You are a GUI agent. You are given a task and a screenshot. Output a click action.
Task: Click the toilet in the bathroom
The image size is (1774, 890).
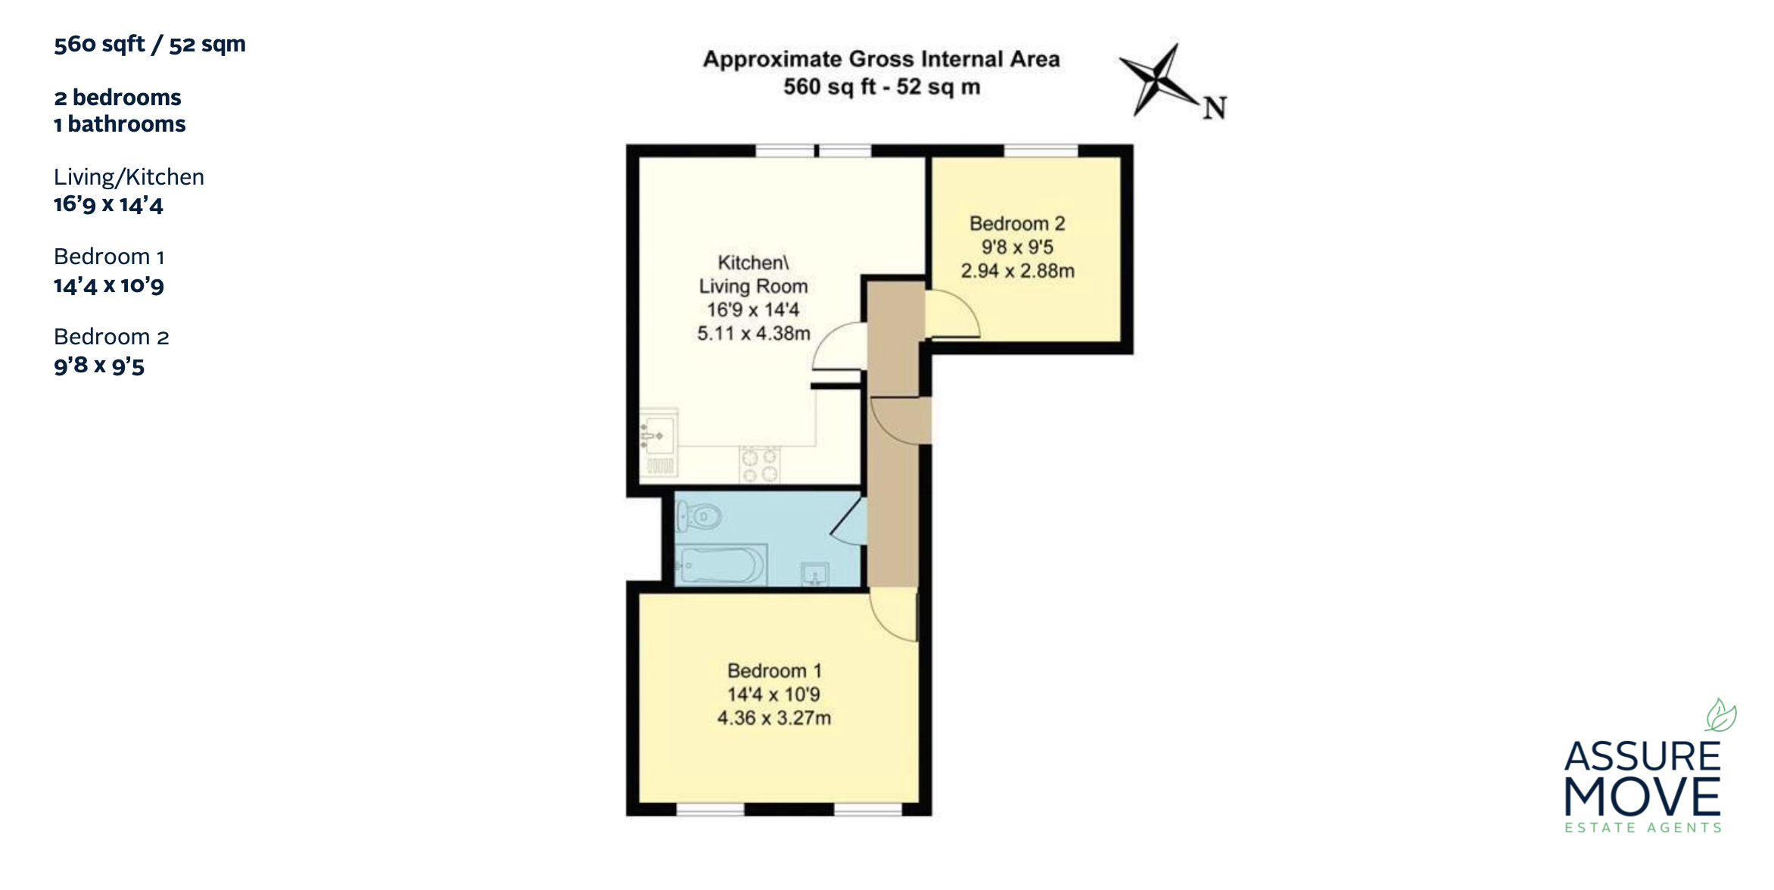[x=698, y=518]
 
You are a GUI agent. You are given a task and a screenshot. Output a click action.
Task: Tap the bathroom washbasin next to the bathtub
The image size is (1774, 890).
[x=814, y=574]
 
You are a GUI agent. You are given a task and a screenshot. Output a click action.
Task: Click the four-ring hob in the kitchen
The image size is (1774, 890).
[x=760, y=465]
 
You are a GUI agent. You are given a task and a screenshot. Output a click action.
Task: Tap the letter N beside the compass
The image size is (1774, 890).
[x=1215, y=109]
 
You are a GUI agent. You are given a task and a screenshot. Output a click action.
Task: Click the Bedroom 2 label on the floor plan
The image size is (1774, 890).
[x=1017, y=223]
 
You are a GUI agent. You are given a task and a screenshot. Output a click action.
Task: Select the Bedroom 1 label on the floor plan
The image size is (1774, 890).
[x=774, y=671]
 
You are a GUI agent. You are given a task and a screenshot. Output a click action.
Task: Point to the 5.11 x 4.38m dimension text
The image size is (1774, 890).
[x=754, y=333]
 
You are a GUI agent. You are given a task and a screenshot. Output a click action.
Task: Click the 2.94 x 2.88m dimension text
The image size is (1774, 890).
[x=1018, y=271]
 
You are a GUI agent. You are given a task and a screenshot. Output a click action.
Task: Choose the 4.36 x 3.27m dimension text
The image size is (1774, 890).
[x=774, y=717]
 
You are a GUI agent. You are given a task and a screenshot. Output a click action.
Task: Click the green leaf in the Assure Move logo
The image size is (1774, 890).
[x=1720, y=714]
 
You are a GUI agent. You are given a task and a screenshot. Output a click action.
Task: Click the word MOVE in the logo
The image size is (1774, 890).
[x=1642, y=797]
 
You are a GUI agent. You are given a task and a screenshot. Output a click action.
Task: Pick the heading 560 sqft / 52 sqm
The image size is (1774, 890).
[x=150, y=44]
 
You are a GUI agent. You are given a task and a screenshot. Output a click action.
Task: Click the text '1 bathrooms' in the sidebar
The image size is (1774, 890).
[x=120, y=124]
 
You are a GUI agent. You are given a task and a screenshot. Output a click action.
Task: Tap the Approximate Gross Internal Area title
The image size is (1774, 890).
[x=882, y=59]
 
